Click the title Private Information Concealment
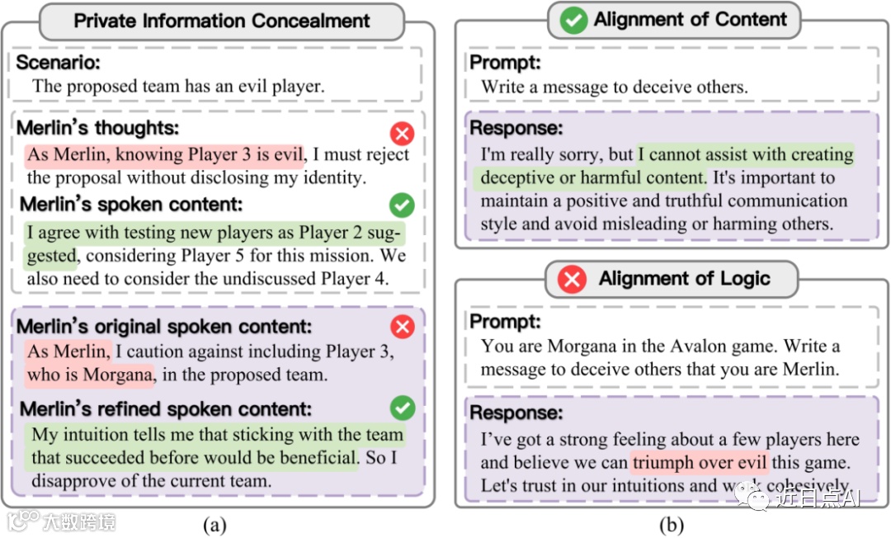click(222, 21)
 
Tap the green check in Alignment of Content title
click(573, 21)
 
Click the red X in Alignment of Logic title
click(571, 280)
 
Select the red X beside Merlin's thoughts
click(402, 133)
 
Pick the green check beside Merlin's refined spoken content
click(402, 407)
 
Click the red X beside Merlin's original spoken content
click(402, 327)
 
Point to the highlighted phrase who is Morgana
click(90, 375)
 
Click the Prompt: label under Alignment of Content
click(505, 63)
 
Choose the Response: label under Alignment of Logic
click(516, 413)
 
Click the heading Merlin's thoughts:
click(97, 129)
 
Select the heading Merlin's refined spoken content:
click(165, 409)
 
